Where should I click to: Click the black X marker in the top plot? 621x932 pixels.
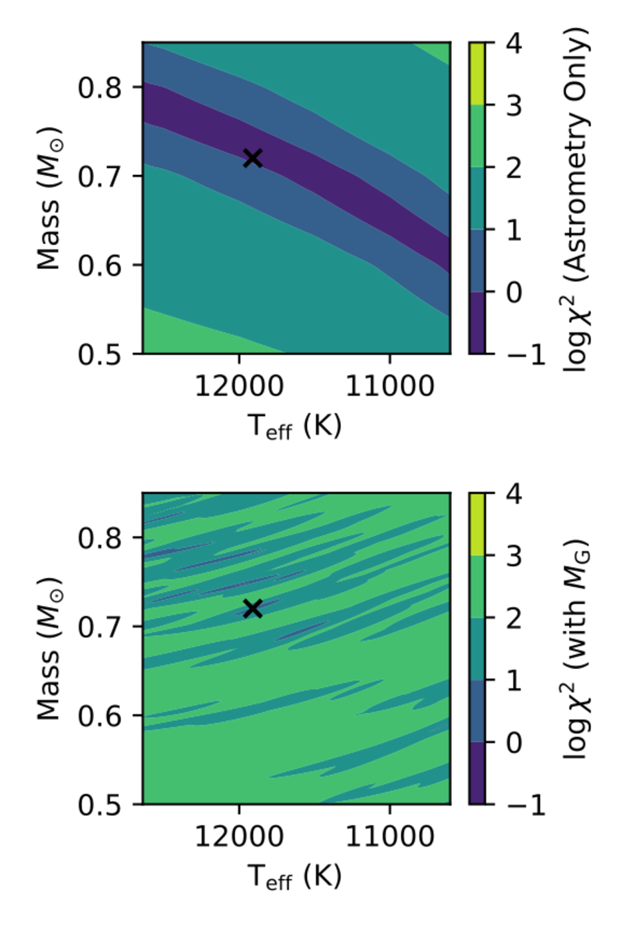[x=252, y=158]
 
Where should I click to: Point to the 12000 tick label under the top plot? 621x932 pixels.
[x=239, y=386]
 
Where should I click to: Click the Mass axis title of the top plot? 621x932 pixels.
[x=49, y=198]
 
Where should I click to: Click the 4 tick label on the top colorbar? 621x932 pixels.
[x=514, y=43]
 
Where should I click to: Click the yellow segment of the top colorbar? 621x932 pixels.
[x=477, y=73]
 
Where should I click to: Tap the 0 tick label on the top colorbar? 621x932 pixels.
[x=514, y=292]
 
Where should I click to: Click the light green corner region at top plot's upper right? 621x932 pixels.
[x=439, y=50]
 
